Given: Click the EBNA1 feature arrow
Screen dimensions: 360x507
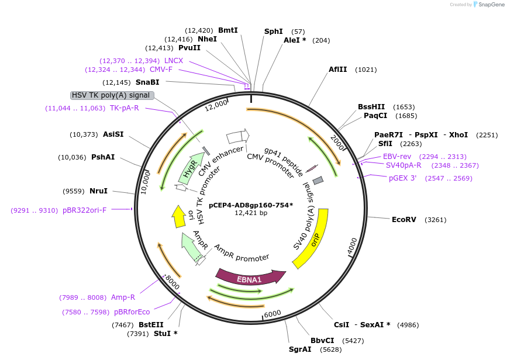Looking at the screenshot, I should click(x=249, y=278).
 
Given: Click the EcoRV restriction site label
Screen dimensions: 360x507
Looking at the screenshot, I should click(x=403, y=220).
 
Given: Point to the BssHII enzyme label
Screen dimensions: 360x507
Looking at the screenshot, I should click(x=371, y=107).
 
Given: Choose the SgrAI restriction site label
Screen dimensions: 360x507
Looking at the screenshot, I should click(x=300, y=349).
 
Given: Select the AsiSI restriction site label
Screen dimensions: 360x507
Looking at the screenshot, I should click(x=113, y=134).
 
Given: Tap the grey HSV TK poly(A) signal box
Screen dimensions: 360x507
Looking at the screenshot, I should click(x=112, y=95).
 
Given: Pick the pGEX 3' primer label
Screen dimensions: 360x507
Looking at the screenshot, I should click(x=402, y=178).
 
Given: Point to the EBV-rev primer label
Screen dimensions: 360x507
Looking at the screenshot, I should click(x=397, y=157).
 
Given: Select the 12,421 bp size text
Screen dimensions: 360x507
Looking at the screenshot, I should click(x=251, y=213).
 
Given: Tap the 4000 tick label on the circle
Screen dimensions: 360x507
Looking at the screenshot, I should click(x=351, y=247).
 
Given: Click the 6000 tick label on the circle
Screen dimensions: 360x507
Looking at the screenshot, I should click(x=273, y=314).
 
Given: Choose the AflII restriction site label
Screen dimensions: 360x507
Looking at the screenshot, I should click(x=337, y=70).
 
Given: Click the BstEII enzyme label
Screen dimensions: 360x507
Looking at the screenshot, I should click(x=151, y=325).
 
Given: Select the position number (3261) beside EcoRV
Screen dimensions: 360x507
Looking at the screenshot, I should click(x=435, y=220).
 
